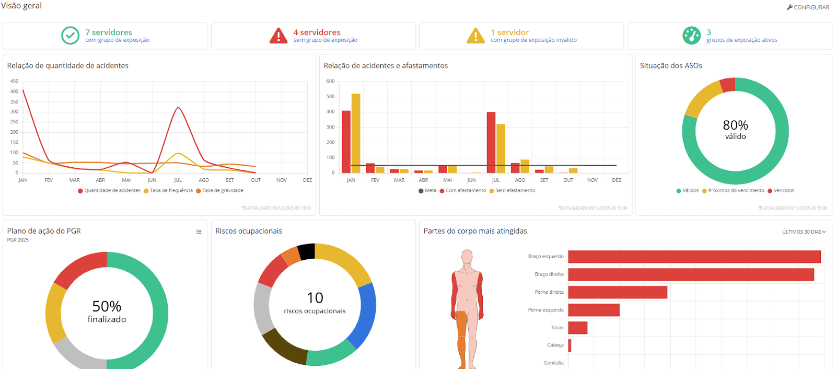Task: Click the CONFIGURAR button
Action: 808,7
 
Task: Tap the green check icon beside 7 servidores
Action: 71,36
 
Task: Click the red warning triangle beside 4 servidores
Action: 278,36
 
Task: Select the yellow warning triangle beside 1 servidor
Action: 475,36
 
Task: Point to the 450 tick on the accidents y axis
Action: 14,82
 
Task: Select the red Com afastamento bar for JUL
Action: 491,142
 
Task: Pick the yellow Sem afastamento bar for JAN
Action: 356,133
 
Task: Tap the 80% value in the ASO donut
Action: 735,125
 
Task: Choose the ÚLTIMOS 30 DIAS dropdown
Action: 804,232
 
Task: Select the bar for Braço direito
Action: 691,274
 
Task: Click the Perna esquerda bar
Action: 594,310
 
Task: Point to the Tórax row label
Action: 557,328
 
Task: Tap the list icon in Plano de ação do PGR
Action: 199,232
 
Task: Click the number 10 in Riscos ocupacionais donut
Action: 315,298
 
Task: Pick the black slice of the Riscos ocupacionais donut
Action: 306,251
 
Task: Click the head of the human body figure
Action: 467,257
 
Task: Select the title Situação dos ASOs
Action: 671,66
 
